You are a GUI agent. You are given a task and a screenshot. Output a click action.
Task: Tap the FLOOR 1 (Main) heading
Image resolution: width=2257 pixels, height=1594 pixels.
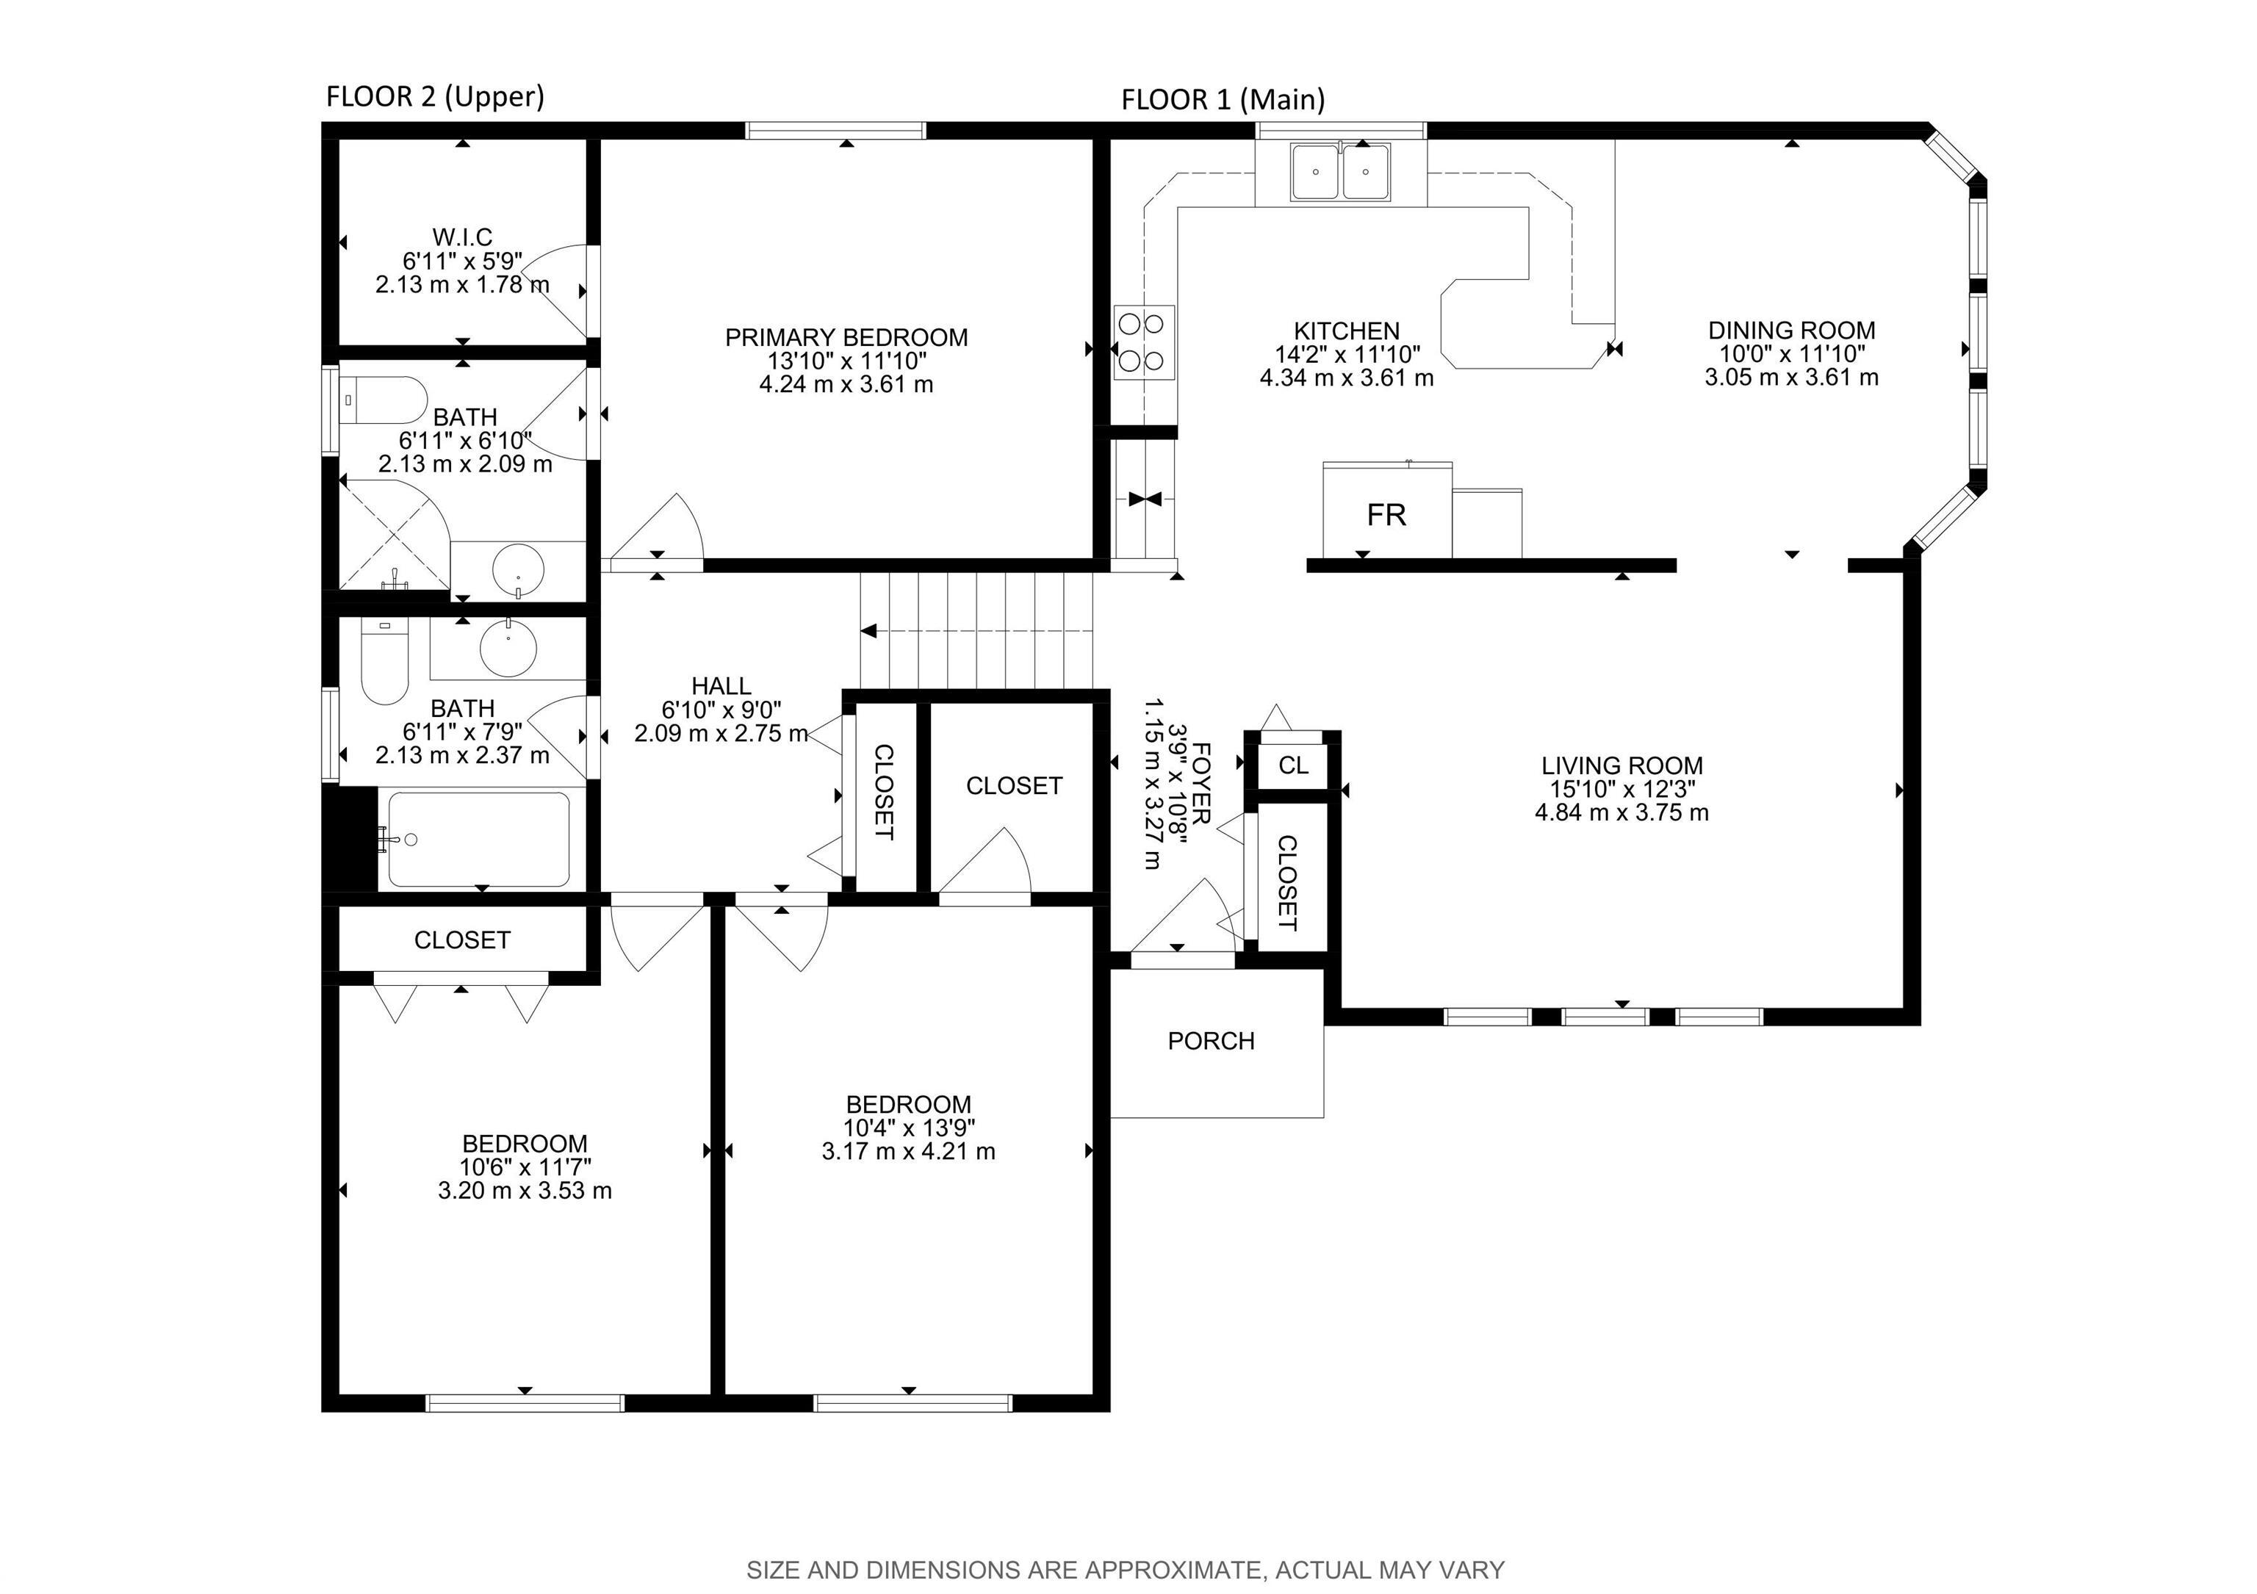point(1223,99)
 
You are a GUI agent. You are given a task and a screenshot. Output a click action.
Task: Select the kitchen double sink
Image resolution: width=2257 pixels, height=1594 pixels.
point(1341,173)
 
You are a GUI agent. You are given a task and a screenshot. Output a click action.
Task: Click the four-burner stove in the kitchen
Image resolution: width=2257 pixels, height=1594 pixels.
point(1143,342)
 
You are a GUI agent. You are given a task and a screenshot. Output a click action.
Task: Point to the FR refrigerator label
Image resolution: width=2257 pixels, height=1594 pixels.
point(1386,515)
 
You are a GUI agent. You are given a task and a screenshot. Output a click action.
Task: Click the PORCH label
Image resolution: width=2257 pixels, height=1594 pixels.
point(1211,1041)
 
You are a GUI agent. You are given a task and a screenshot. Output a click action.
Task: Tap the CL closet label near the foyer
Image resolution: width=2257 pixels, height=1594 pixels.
point(1292,765)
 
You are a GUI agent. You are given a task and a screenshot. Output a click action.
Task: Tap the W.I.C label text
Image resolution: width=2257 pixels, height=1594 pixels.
point(462,237)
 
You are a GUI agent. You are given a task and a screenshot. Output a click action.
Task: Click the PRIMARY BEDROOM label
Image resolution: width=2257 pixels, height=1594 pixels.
point(846,337)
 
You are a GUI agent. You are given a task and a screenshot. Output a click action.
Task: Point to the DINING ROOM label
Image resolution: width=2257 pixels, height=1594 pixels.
point(1791,331)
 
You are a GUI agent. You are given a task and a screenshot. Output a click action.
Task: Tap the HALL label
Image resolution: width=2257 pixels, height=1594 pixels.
point(721,686)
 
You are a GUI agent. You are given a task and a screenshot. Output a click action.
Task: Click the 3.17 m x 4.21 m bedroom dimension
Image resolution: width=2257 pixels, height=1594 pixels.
point(908,1151)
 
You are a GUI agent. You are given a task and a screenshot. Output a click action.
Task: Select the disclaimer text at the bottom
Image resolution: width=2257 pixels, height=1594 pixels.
point(1126,1570)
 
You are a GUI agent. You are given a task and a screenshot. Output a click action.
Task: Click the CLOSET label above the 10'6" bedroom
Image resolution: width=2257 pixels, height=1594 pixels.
point(462,940)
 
